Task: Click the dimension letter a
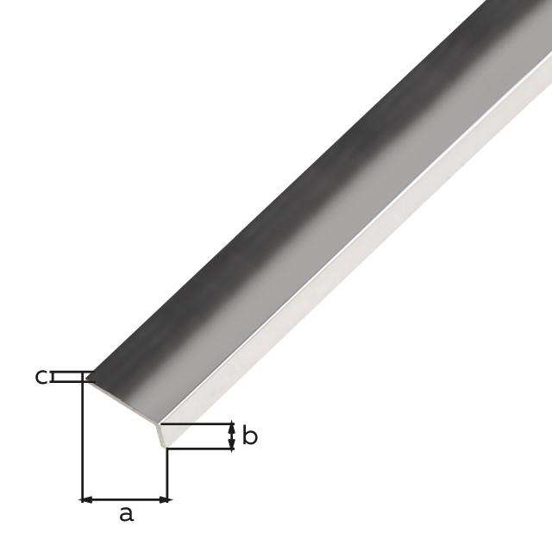point(126,515)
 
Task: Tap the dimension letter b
point(249,436)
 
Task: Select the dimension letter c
point(41,377)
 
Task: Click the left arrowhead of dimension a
point(86,499)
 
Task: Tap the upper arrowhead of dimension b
point(231,428)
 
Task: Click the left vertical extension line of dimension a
point(82,440)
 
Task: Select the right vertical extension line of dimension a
point(167,474)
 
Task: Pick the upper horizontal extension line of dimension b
point(198,423)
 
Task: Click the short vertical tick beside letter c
point(53,377)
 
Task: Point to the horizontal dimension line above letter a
point(125,499)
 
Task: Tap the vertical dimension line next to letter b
point(231,436)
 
